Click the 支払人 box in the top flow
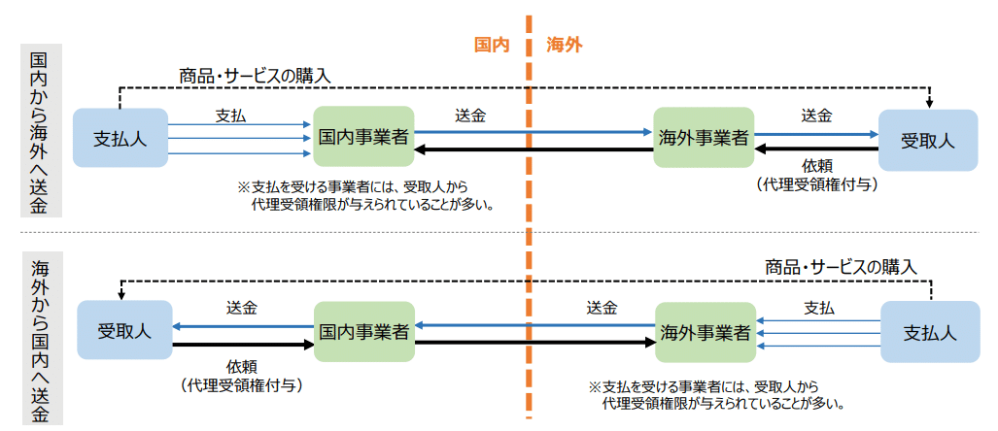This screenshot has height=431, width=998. (120, 138)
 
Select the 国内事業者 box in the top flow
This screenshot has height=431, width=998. (363, 137)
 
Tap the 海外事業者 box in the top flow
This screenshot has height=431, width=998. (704, 137)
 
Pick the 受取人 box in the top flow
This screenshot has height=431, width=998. (928, 140)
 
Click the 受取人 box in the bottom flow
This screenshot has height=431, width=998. (124, 331)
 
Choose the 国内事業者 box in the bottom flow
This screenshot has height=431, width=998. (363, 331)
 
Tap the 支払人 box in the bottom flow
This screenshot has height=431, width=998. (930, 333)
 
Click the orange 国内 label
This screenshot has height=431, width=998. (494, 46)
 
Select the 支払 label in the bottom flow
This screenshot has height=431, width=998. (819, 309)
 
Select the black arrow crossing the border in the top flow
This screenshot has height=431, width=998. (534, 150)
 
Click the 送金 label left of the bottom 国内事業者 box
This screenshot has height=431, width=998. (242, 308)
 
